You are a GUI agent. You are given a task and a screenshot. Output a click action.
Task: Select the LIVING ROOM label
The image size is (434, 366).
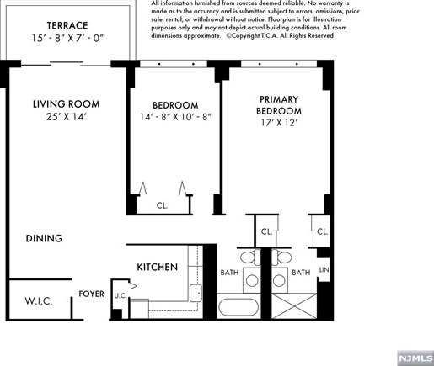[x=66, y=104]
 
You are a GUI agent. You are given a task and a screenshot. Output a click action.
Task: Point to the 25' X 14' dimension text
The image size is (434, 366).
[x=66, y=118]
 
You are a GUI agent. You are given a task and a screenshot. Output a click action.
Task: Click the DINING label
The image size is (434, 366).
[x=44, y=239]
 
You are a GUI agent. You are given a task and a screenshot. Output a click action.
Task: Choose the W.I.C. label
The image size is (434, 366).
[x=39, y=300]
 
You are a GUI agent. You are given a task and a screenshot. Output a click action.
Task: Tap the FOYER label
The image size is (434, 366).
[x=92, y=294]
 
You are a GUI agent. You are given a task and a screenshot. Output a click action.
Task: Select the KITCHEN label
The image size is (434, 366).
[x=158, y=268]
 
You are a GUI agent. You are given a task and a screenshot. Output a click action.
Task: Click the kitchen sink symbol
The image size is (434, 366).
[x=195, y=293]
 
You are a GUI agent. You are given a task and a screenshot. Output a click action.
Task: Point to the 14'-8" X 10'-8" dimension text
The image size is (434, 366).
[x=174, y=118]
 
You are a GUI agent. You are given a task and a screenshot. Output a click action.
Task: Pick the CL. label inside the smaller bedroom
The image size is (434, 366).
[x=162, y=205]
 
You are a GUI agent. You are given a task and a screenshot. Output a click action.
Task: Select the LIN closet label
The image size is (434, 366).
[x=324, y=271]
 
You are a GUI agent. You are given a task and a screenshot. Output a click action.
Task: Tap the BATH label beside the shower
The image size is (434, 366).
[x=301, y=273]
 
